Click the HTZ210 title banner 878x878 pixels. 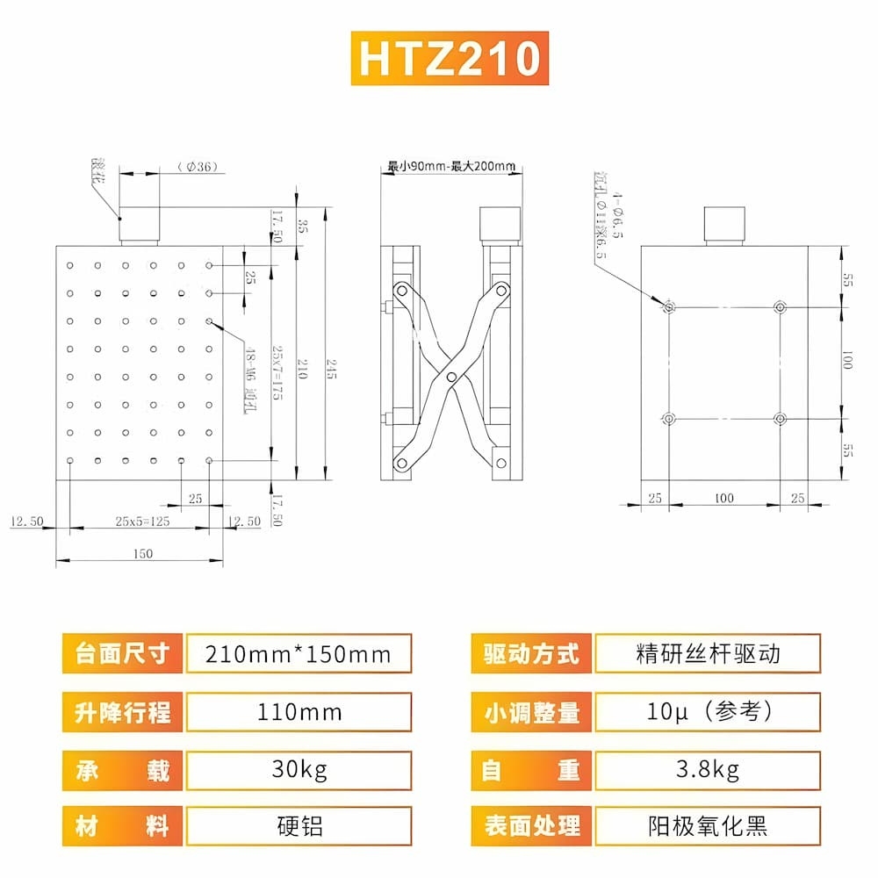(450, 59)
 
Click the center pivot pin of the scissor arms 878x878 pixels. (451, 376)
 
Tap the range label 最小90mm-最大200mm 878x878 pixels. (451, 165)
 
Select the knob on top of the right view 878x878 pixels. (725, 226)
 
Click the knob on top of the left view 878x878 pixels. (140, 226)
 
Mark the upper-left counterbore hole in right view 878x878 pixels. (669, 306)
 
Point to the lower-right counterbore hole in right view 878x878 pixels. (780, 419)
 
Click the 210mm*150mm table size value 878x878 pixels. (298, 654)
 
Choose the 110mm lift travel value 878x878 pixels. (299, 712)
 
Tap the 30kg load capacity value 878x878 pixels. (299, 771)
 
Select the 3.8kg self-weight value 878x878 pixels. (707, 771)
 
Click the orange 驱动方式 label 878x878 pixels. (531, 654)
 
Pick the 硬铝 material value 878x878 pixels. (299, 826)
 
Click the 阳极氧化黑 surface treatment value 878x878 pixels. (707, 826)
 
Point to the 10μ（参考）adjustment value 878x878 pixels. (707, 712)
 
